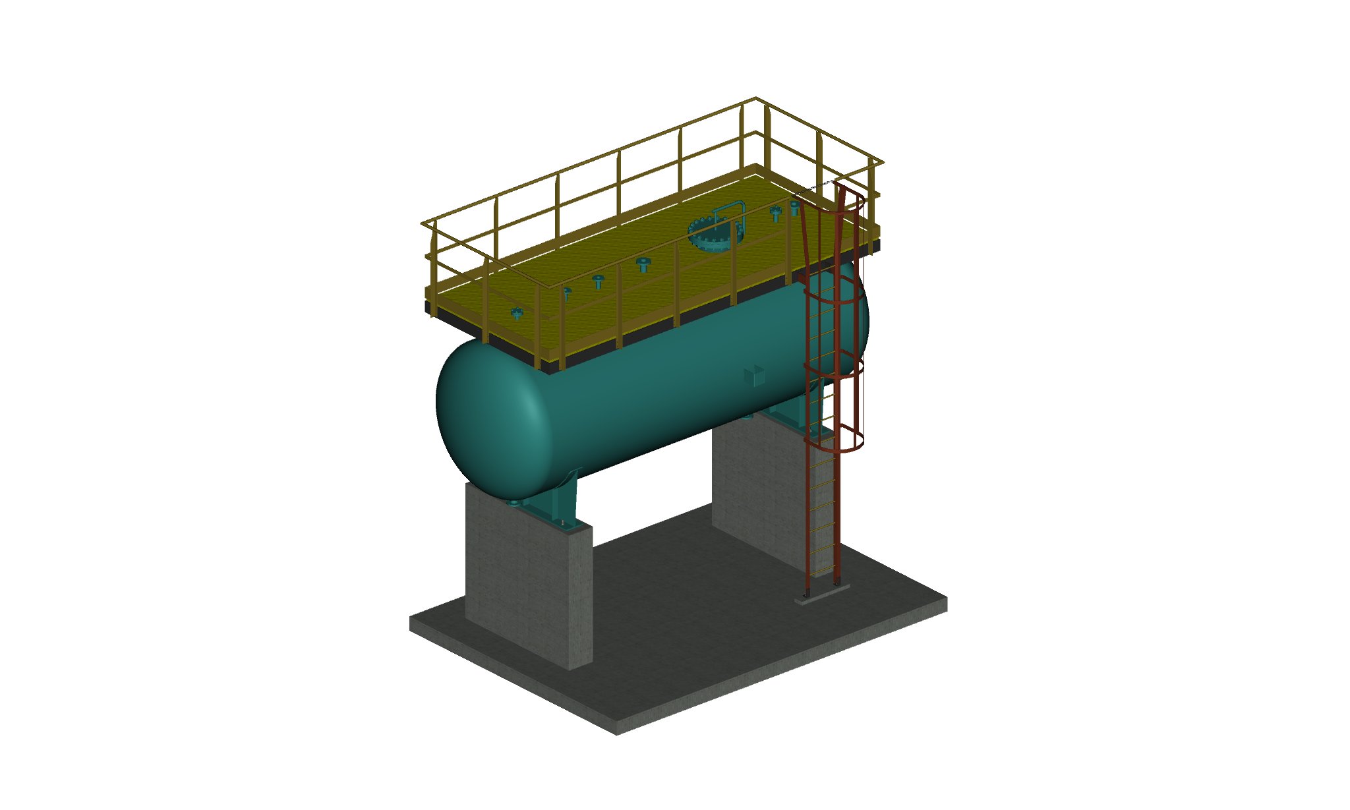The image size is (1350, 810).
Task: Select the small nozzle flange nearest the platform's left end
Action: pos(517,313)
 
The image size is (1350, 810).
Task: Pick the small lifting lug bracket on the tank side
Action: pos(753,375)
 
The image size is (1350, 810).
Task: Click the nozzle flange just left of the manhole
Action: pos(643,264)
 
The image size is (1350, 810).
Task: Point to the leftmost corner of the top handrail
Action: pos(422,225)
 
